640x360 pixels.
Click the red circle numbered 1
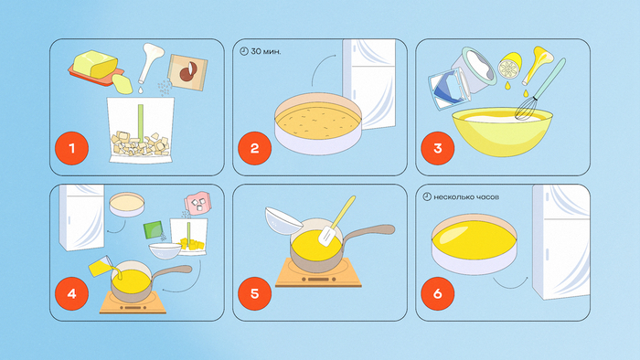pyautogui.click(x=72, y=148)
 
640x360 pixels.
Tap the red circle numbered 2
pyautogui.click(x=255, y=148)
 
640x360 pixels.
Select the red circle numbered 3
pyautogui.click(x=438, y=148)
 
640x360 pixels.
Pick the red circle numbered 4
pyautogui.click(x=72, y=293)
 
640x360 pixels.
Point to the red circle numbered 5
pyautogui.click(x=255, y=293)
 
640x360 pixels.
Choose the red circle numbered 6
pyautogui.click(x=438, y=293)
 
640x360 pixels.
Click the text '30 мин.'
pyautogui.click(x=266, y=51)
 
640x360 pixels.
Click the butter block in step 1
pyautogui.click(x=95, y=65)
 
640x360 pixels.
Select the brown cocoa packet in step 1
pyautogui.click(x=187, y=72)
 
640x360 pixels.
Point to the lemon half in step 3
pyautogui.click(x=509, y=66)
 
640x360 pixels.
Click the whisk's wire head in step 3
pyautogui.click(x=526, y=108)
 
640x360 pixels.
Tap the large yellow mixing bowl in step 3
pyautogui.click(x=502, y=132)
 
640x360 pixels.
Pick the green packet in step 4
pyautogui.click(x=153, y=229)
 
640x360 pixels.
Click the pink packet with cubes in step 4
pyautogui.click(x=198, y=204)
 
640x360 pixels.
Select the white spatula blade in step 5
pyautogui.click(x=327, y=236)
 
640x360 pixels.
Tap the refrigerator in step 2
pyautogui.click(x=369, y=83)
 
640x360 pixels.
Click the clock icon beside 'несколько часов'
pyautogui.click(x=427, y=197)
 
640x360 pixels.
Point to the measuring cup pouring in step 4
pyautogui.click(x=101, y=266)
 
